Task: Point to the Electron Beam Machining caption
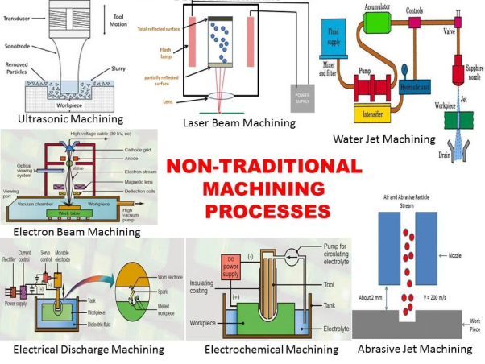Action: pyautogui.click(x=72, y=232)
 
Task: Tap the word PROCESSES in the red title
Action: pyautogui.click(x=268, y=210)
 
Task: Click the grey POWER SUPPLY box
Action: pyautogui.click(x=301, y=94)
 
